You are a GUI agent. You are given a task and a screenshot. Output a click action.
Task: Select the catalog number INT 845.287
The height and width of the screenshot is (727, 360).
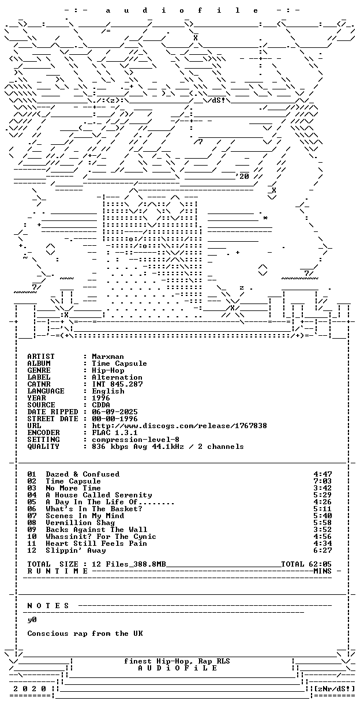117,384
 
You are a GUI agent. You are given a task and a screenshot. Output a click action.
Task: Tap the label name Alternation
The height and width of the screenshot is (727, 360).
117,377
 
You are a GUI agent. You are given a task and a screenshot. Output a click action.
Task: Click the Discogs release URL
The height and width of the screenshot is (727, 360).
179,426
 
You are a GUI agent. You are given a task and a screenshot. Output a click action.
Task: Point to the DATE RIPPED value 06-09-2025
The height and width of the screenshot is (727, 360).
115,412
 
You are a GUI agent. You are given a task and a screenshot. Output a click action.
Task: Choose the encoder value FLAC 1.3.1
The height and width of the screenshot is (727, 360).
115,433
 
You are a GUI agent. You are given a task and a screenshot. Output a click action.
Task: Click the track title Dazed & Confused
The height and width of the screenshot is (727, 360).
82,474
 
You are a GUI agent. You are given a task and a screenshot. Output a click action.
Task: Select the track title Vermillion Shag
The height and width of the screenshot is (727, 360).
80,523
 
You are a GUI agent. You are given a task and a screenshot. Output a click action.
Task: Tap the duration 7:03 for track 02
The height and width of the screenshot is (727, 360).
322,481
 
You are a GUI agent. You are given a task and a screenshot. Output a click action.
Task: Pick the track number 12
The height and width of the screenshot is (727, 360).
32,550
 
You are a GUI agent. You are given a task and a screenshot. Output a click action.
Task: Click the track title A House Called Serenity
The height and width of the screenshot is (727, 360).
99,495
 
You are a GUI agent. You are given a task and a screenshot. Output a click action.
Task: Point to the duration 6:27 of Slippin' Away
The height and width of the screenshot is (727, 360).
322,550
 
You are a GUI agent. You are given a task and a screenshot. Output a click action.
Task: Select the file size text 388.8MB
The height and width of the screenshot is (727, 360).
149,564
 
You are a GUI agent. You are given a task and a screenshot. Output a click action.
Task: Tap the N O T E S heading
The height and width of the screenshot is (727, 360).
48,606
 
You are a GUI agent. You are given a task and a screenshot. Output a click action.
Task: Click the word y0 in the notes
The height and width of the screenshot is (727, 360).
32,620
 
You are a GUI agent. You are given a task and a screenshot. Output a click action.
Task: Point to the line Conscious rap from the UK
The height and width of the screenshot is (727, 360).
85,634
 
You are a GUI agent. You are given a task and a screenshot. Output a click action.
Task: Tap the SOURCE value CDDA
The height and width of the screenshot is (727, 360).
101,405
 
